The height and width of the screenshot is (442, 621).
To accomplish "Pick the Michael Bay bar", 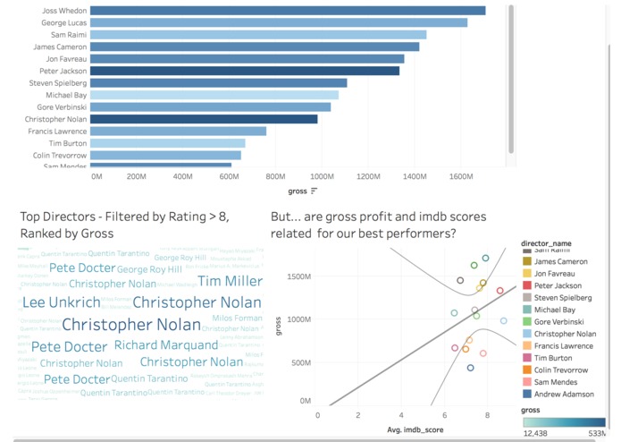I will [x=214, y=95].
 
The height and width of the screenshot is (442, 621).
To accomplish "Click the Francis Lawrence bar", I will [x=179, y=131].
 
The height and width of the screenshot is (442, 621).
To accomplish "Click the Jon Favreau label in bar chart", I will [x=66, y=58].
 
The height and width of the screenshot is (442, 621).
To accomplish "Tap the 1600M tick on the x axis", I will [x=459, y=177].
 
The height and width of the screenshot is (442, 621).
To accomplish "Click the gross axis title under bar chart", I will [x=298, y=191].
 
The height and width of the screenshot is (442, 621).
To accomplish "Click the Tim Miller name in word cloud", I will [x=230, y=281].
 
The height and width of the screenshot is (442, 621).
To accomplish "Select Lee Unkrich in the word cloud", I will [x=62, y=302].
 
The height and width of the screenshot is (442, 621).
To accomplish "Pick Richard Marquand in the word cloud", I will [x=166, y=345].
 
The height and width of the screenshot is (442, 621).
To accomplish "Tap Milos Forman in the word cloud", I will [x=237, y=319].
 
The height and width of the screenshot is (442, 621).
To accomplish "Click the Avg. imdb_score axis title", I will [x=416, y=429].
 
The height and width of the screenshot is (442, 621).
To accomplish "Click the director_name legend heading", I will [x=546, y=242].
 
